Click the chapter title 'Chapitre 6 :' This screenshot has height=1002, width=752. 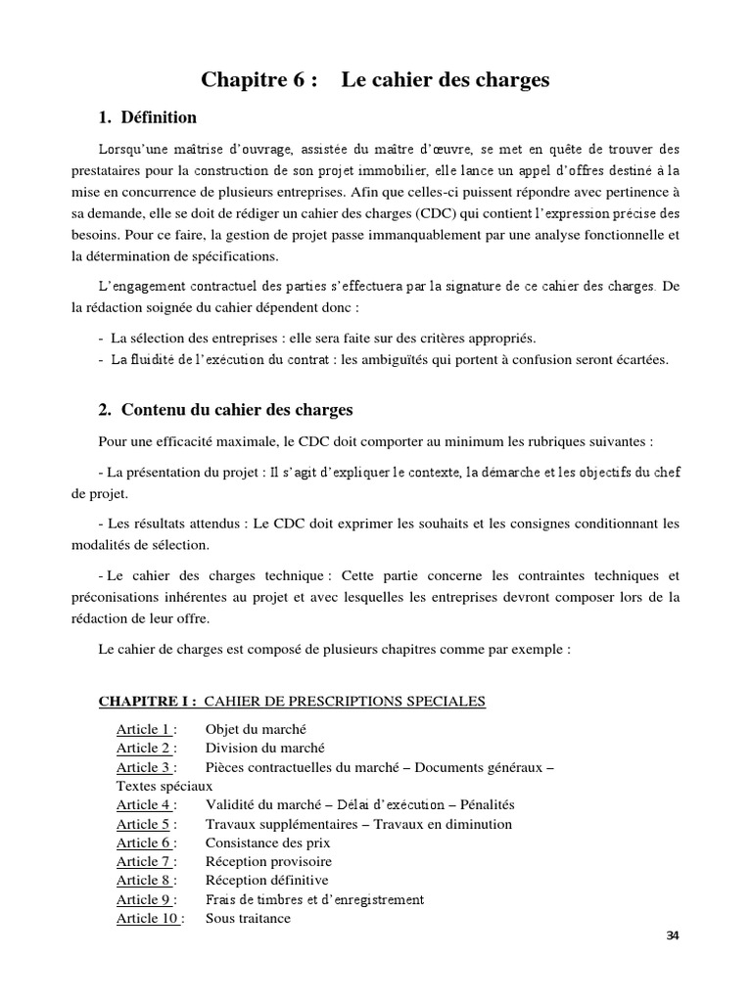point(259,80)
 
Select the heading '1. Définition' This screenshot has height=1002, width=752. point(148,117)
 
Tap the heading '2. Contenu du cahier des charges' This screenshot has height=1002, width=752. point(225,409)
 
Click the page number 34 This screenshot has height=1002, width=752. point(672,935)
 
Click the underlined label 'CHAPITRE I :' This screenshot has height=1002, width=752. point(149,701)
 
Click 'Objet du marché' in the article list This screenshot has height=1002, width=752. point(257,729)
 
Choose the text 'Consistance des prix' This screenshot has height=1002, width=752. point(267,843)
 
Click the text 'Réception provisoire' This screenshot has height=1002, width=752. point(268,861)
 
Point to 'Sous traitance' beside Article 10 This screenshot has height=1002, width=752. point(248,918)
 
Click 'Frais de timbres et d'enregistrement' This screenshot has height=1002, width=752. point(314,899)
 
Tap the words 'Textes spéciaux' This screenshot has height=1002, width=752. point(164,786)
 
